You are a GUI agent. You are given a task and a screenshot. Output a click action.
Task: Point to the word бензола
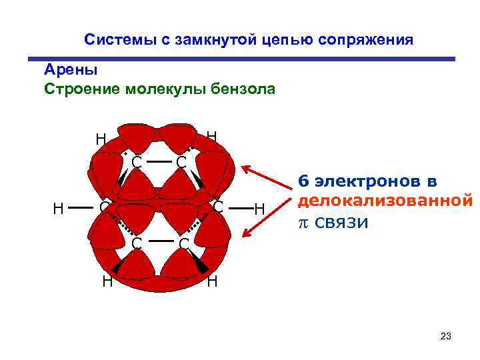(241, 89)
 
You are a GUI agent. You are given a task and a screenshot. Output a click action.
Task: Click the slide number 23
(446, 337)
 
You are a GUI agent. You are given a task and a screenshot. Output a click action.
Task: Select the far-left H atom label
(59, 209)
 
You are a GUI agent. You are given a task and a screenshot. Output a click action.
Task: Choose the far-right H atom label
(259, 210)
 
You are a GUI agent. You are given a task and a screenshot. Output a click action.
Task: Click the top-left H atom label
(100, 140)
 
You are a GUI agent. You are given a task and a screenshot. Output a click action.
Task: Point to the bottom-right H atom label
(213, 282)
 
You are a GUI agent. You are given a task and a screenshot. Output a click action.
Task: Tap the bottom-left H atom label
(107, 282)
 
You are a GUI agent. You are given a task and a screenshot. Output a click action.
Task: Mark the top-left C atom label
(136, 163)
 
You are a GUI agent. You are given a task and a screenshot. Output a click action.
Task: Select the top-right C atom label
(181, 163)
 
